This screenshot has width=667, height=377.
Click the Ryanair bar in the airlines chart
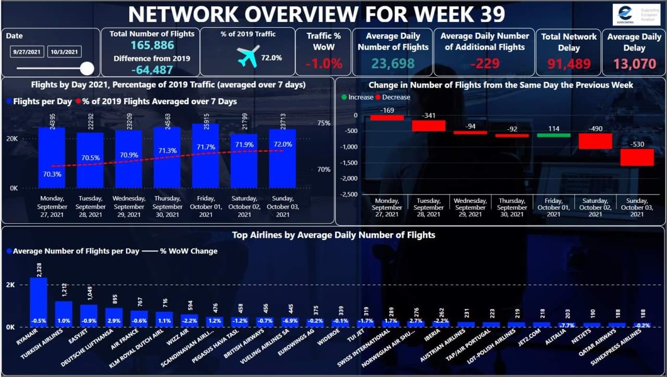pos(38,302)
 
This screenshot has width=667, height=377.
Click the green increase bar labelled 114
pos(553,135)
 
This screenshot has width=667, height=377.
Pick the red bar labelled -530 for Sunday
pos(637,157)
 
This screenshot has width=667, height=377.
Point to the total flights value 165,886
pos(152,46)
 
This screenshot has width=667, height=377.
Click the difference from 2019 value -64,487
pos(152,70)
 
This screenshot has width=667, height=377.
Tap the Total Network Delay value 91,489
pos(569,64)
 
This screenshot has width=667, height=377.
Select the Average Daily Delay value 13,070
pos(634,64)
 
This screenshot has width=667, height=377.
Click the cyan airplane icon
pos(248,56)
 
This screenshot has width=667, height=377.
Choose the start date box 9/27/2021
pos(27,52)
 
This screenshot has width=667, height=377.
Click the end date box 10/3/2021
pos(65,52)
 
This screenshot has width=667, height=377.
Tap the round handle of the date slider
pos(87,68)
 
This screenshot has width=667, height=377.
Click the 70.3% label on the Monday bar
pos(52,174)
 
